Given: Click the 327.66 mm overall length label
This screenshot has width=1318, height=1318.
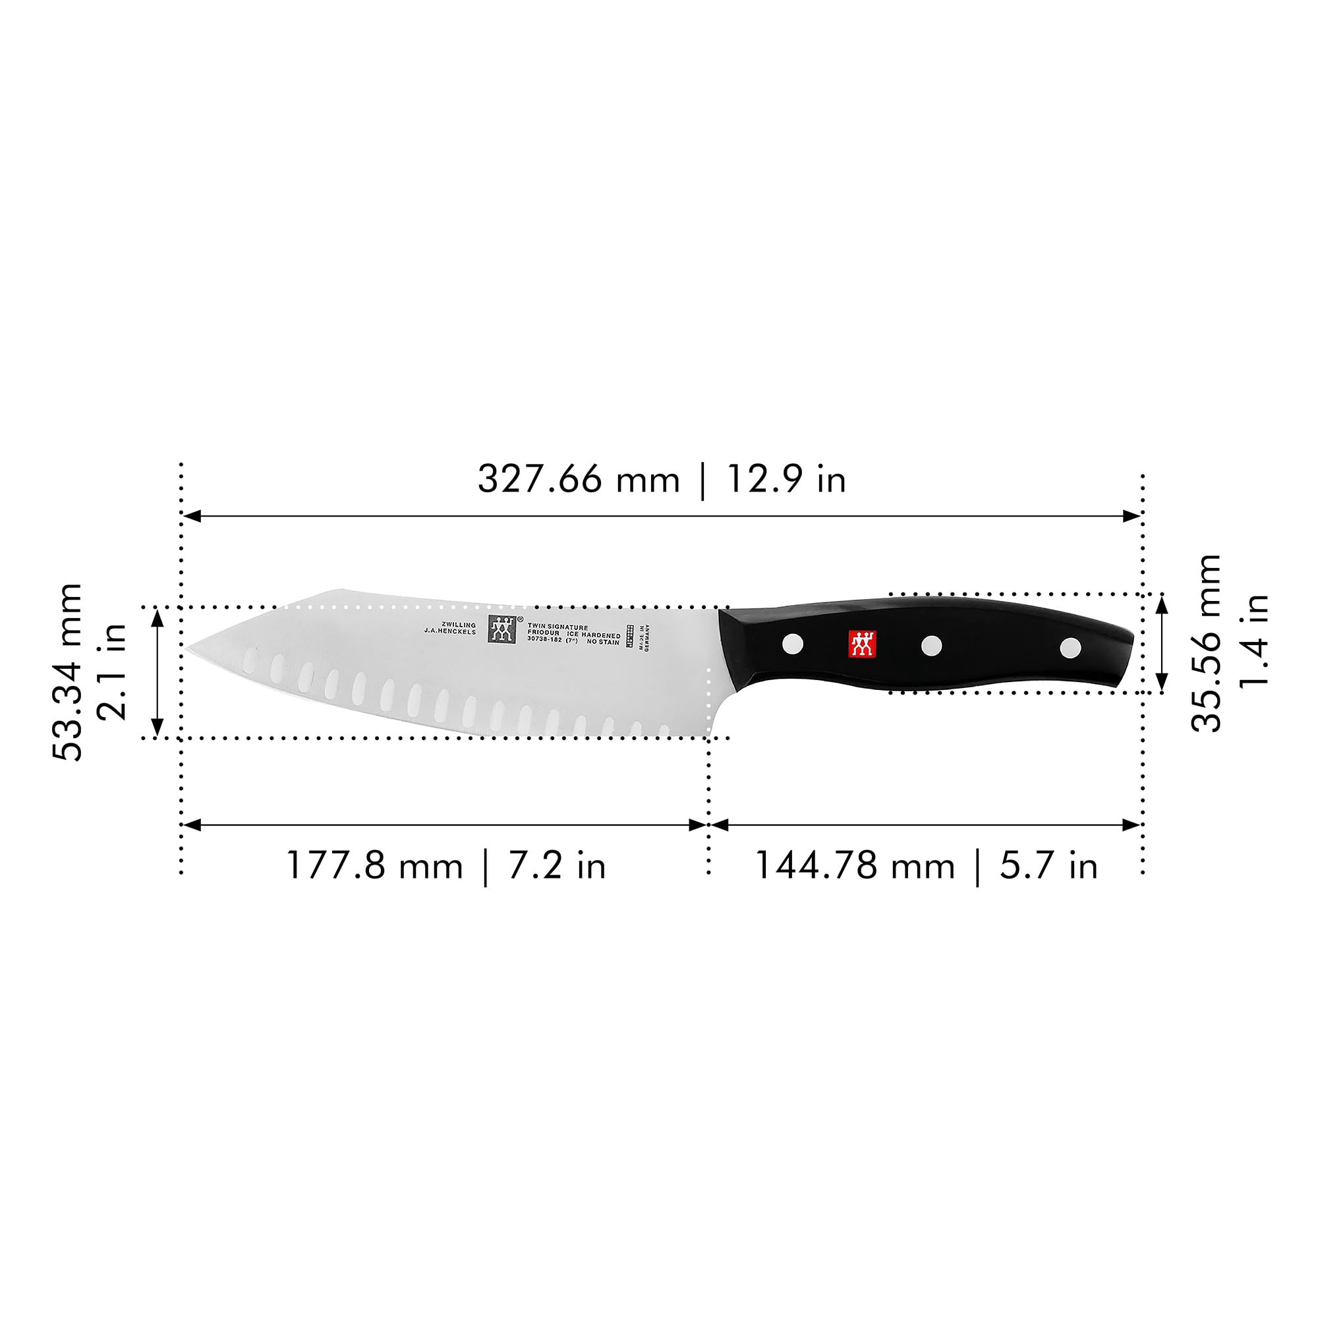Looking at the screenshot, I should click(579, 479).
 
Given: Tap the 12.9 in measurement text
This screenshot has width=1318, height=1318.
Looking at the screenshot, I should click(786, 479).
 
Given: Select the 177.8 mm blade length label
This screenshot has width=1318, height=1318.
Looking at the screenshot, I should click(374, 866).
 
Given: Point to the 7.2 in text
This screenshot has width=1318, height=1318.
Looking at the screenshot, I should click(556, 866).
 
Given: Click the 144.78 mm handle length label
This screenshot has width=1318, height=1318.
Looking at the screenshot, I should click(854, 866).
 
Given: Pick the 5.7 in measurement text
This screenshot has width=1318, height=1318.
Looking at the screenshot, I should click(1048, 866).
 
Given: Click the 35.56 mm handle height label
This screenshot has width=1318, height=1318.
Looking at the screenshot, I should click(1205, 643).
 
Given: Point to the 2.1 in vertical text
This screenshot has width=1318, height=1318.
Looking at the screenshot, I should click(112, 672).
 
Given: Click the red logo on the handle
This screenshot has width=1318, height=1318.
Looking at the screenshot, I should click(861, 644).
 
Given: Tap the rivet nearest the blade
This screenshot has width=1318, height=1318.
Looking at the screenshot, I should click(792, 643).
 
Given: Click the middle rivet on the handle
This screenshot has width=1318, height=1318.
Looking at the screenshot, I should click(931, 645).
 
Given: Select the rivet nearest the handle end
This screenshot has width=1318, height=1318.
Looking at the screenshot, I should click(1070, 647).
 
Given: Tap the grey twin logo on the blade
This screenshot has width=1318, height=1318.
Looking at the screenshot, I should click(501, 629).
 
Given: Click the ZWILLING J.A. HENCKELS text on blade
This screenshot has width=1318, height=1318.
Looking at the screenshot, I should click(450, 628).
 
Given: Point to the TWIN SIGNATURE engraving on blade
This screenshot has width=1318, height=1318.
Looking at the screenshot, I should click(558, 626).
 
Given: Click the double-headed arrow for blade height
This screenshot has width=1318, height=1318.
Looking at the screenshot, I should click(158, 673).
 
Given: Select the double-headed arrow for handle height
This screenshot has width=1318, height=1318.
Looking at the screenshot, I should click(1162, 643).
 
